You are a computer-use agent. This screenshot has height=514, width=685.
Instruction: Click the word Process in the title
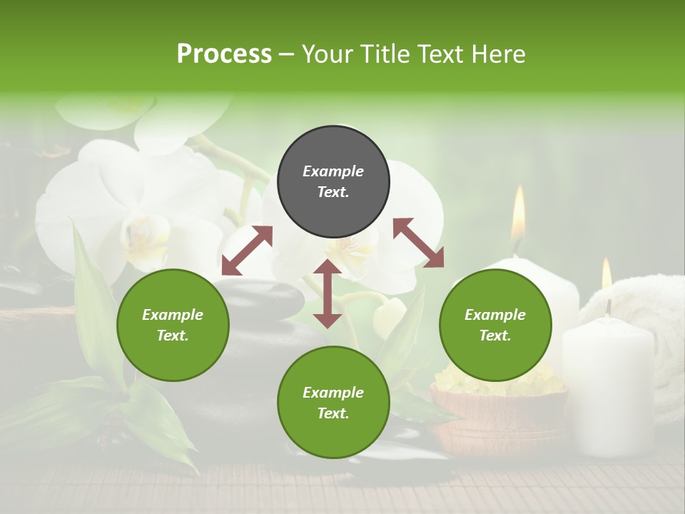pyautogui.click(x=224, y=54)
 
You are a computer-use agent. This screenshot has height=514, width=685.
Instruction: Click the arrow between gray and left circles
pyautogui.click(x=247, y=251)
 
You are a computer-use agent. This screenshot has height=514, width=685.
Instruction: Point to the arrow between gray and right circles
pyautogui.click(x=418, y=243)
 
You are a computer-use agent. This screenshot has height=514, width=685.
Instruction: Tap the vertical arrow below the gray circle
pyautogui.click(x=328, y=293)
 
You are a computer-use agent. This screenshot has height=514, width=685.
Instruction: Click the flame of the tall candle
pyautogui.click(x=518, y=212)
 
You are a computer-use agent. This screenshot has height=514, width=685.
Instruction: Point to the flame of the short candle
pyautogui.click(x=607, y=274)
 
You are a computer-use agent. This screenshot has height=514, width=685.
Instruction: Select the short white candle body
pyautogui.click(x=607, y=385)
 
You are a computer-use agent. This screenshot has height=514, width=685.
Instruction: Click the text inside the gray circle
pyautogui.click(x=333, y=181)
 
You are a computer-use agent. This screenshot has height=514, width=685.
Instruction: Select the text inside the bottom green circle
pyautogui.click(x=333, y=403)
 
